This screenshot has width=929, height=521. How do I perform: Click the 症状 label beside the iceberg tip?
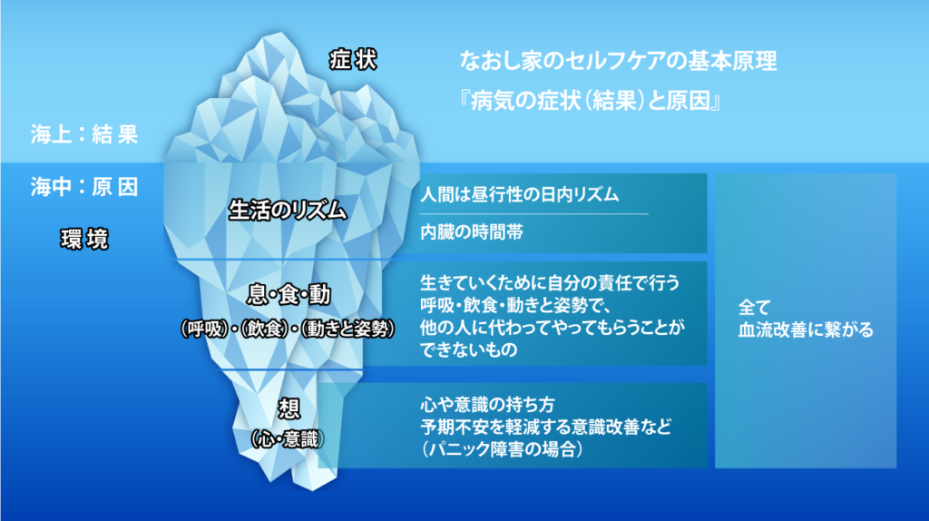pos(353,60)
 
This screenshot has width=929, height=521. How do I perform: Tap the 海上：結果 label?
pos(84,134)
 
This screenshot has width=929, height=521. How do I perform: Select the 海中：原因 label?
pos(84,187)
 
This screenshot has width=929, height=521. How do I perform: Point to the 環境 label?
pos(84,239)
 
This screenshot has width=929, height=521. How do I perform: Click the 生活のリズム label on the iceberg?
pos(288,211)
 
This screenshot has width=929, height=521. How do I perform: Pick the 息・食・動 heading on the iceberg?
pos(288,295)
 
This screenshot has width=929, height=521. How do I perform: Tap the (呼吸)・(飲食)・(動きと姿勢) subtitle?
pos(288,328)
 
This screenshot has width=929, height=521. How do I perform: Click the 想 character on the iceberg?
pos(289,408)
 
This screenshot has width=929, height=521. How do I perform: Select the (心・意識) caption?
pos(288,439)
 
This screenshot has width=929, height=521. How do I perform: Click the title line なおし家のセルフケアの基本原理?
pos(618,61)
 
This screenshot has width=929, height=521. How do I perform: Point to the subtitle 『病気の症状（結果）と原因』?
pos(590,101)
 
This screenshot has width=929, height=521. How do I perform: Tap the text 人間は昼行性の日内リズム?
pos(520,194)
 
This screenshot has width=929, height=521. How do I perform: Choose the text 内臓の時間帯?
pos(472,231)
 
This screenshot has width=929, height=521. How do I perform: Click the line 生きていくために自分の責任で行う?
pos(550,282)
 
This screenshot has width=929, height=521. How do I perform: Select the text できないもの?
pos(469,349)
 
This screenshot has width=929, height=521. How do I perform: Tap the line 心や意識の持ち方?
pos(487,405)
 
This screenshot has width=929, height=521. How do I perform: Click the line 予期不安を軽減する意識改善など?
pos(545,427)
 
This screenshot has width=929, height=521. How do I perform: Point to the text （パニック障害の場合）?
pos(503,449)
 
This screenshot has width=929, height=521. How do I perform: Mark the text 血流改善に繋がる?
pos(806,329)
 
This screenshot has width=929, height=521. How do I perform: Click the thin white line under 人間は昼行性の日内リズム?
pos(533,213)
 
